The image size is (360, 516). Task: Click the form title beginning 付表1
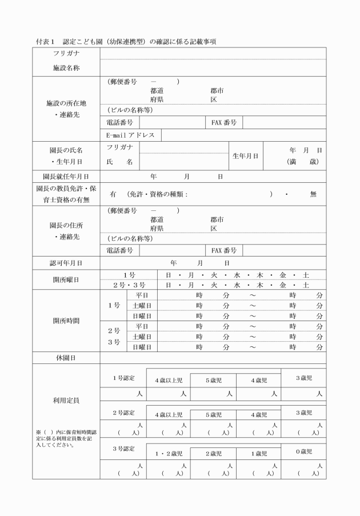pyautogui.click(x=125, y=42)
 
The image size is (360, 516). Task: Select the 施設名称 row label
pyautogui.click(x=66, y=68)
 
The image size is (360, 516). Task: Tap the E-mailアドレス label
pyautogui.click(x=131, y=135)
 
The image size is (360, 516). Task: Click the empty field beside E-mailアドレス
pyautogui.click(x=243, y=135)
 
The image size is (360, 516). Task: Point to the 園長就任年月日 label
pyautogui.click(x=66, y=177)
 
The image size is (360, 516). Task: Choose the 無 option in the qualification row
pyautogui.click(x=313, y=194)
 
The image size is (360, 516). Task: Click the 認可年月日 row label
pyautogui.click(x=66, y=263)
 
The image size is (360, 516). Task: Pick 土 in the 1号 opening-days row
pyautogui.click(x=306, y=274)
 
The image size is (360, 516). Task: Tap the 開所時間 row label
pyautogui.click(x=66, y=321)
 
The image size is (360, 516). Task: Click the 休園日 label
pyautogui.click(x=66, y=358)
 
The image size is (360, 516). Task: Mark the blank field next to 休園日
pyautogui.click(x=213, y=358)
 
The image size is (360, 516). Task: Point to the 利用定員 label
pyautogui.click(x=66, y=400)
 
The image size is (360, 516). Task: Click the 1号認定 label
pyautogui.click(x=123, y=377)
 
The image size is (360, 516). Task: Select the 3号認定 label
pyautogui.click(x=123, y=449)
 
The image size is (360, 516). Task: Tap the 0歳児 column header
pyautogui.click(x=303, y=451)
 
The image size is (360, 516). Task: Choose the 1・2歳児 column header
pyautogui.click(x=169, y=454)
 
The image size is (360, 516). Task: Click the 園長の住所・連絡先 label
pyautogui.click(x=66, y=230)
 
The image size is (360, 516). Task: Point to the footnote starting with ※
pyautogui.click(x=63, y=438)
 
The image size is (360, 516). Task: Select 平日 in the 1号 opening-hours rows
pyautogui.click(x=142, y=295)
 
